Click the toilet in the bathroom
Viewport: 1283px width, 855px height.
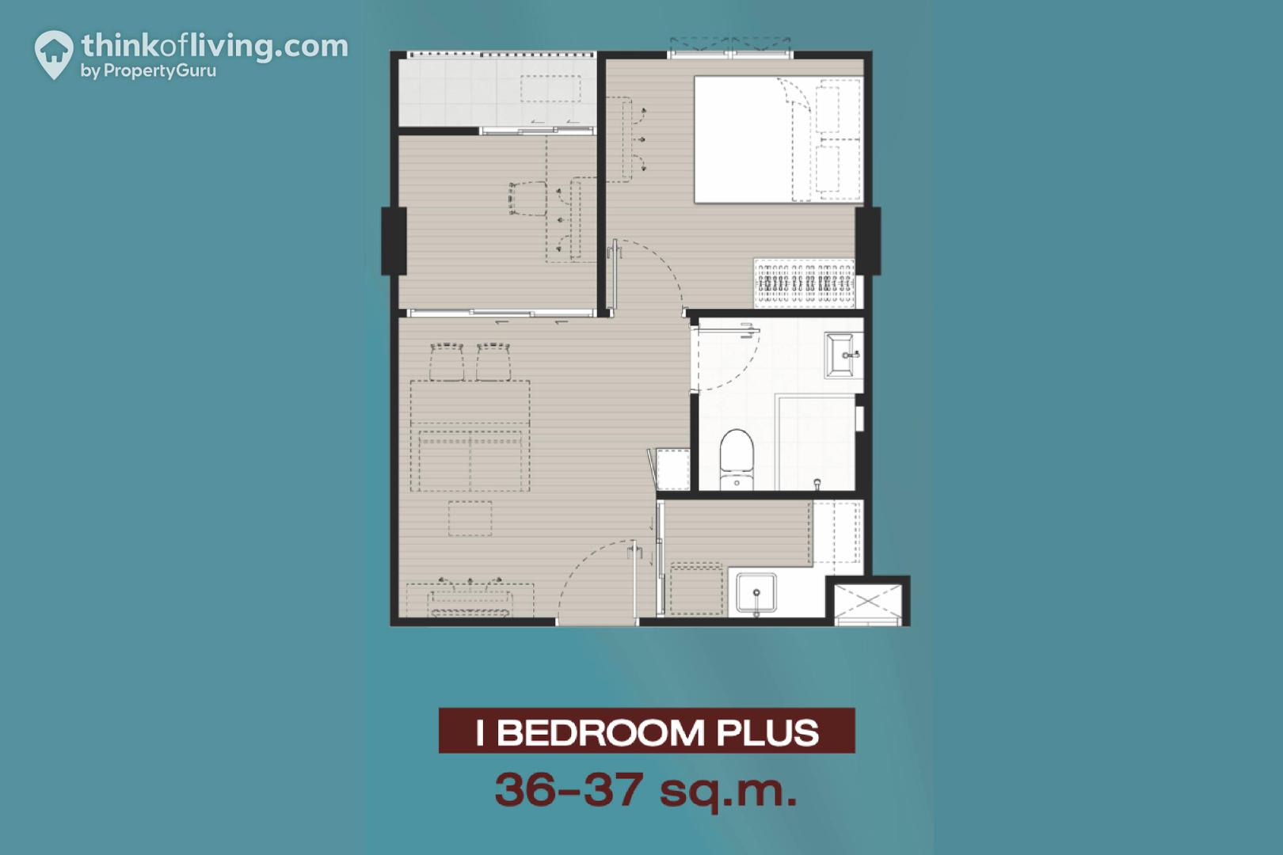click(736, 459)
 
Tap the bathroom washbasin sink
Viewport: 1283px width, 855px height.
click(843, 355)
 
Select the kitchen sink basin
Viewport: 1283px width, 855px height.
click(756, 593)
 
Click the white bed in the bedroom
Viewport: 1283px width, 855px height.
click(779, 139)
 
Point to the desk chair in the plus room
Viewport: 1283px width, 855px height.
click(527, 198)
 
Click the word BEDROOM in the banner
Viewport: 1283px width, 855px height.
click(601, 732)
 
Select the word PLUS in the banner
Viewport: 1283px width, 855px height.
click(768, 732)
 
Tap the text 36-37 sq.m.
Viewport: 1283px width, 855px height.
click(646, 791)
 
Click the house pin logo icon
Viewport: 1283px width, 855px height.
click(54, 55)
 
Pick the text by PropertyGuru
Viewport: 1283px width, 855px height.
click(149, 71)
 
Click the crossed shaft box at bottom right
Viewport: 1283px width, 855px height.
click(868, 603)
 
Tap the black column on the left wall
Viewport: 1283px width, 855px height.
click(394, 241)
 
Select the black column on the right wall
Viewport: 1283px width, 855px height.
click(868, 241)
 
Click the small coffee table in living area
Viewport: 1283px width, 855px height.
click(470, 519)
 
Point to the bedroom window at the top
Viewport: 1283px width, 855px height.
click(730, 55)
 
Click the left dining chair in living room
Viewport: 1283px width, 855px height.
click(446, 362)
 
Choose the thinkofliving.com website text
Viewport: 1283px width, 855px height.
click(215, 46)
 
